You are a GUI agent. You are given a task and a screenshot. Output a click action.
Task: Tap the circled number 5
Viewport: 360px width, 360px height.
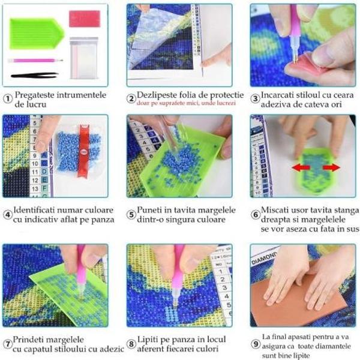[131, 214]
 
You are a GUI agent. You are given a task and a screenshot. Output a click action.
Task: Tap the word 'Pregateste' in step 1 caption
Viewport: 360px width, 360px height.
[37, 95]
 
